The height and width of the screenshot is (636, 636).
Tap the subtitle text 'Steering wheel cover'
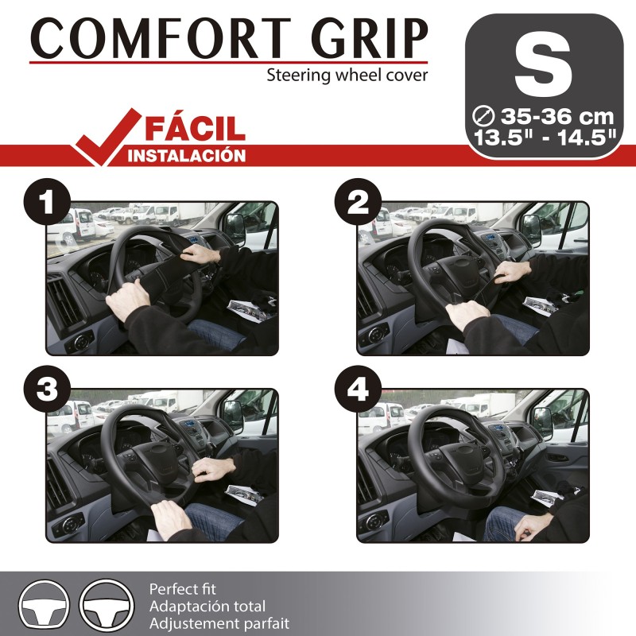pyautogui.click(x=347, y=76)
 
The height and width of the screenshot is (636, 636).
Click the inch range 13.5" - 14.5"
pyautogui.click(x=545, y=136)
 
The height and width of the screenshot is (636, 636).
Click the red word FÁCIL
pyautogui.click(x=196, y=127)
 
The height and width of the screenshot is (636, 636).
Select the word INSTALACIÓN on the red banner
pyautogui.click(x=187, y=156)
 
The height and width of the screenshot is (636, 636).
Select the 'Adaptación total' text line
pyautogui.click(x=207, y=607)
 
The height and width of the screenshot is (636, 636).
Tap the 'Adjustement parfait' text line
pyautogui.click(x=219, y=623)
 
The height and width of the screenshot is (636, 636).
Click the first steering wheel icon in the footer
pyautogui.click(x=45, y=605)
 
